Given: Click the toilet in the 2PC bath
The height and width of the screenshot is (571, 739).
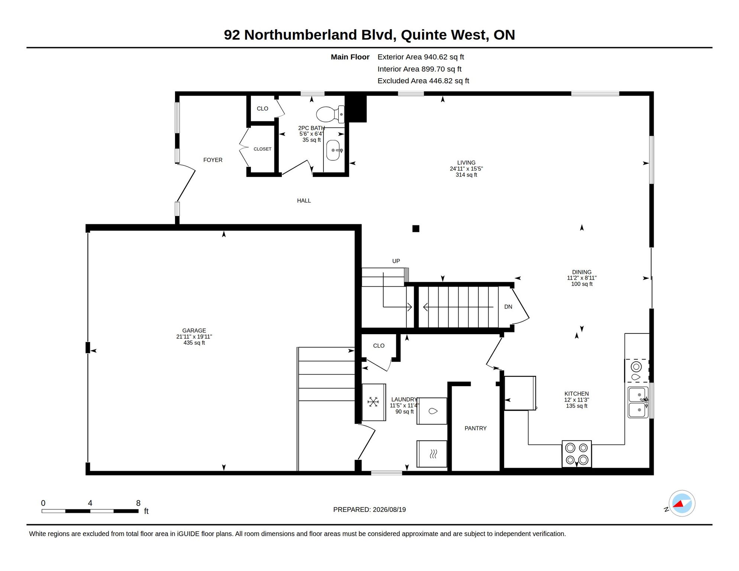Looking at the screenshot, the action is point(330,114).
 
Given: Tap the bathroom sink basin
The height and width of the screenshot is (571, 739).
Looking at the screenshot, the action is point(333,150).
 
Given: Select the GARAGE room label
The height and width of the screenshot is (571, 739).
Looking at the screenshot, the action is point(194,330).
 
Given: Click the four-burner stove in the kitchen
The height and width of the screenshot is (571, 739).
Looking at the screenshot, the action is point(577,454).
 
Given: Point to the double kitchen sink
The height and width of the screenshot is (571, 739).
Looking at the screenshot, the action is point(638,402).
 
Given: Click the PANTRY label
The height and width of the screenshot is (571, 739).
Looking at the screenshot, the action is point(475,428).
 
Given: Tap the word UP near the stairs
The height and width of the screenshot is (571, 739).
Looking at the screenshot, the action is point(396,261).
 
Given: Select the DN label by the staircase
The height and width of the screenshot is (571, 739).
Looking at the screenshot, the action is point(508,307).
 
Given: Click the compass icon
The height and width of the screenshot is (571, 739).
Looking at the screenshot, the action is point(682,503).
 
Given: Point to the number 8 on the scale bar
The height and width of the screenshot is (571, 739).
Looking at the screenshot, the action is point(138,503).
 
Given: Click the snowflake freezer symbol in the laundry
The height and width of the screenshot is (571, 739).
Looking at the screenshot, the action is point(373,402).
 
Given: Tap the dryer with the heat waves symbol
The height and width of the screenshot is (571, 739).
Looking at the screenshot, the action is point(432,454).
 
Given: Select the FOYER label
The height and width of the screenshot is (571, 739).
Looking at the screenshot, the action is point(213,160).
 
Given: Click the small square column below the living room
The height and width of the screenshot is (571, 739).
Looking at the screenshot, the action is point(416,229).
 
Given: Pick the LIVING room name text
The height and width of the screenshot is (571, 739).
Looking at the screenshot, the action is point(466,162).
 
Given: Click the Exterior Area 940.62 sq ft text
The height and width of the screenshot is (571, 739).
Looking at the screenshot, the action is point(421,57).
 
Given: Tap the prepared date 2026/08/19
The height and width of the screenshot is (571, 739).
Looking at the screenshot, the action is point(389,510).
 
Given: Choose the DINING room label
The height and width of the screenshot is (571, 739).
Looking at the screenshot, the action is point(582,272).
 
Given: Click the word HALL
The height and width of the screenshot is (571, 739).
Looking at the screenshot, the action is point(304,201).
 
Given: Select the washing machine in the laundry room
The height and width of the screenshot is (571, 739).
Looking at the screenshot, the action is point(432,411).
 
